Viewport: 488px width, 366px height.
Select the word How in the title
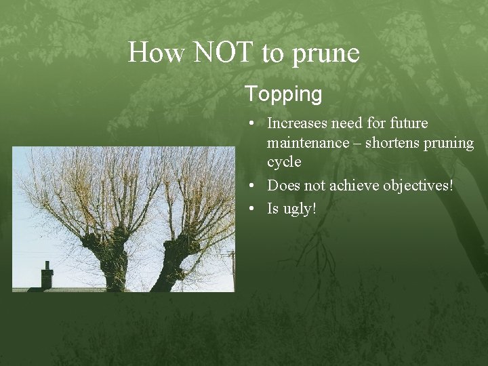tap(155, 53)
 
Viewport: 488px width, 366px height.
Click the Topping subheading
tap(283, 95)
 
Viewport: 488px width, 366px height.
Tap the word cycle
tap(284, 163)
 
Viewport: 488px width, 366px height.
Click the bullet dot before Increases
tap(251, 124)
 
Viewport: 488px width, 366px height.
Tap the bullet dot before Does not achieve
tap(251, 186)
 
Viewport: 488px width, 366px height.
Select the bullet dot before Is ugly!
tap(251, 209)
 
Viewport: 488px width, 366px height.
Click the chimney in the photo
tap(47, 275)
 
